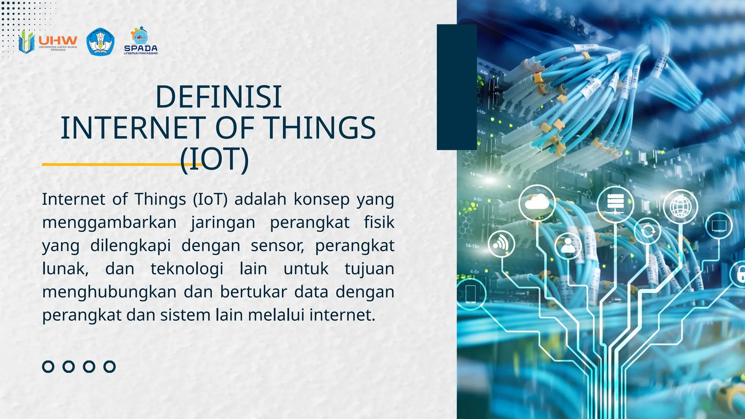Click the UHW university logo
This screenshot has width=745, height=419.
point(48,42)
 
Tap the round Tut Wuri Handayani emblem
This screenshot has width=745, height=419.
point(100,42)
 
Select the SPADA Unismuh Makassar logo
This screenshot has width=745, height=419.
point(141,41)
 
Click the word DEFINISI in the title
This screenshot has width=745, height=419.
point(218,97)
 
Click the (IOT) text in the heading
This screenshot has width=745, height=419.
point(215,159)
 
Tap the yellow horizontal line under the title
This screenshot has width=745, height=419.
point(109,164)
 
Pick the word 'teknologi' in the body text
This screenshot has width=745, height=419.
point(187,269)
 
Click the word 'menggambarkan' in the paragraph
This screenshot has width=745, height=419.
point(109,223)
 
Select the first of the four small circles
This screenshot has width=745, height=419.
point(48,366)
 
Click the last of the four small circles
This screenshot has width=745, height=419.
point(109,366)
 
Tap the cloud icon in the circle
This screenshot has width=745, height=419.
point(537,202)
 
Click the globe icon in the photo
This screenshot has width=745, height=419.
point(680,206)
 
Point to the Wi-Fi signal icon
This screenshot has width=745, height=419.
point(501,243)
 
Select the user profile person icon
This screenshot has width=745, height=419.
point(568,246)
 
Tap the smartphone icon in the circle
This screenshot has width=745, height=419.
point(471,294)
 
